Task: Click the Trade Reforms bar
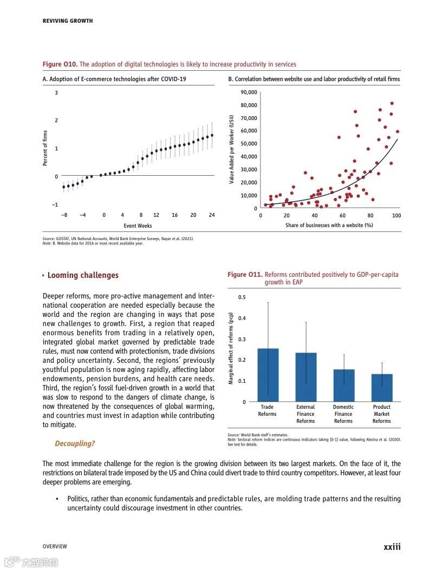coord(268,375)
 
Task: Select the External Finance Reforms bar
coord(305,377)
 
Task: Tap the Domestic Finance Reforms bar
coord(343,385)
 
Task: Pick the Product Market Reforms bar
coord(381,387)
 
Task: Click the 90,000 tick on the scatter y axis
coord(248,92)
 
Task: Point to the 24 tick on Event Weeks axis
coord(212,215)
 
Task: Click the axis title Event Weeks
coord(138,225)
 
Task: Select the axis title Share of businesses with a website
coord(329,225)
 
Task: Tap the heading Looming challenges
coord(82,275)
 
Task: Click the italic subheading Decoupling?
coord(75,443)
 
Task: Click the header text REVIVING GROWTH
coord(68,21)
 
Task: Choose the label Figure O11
coord(245,275)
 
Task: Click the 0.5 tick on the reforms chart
coord(242,297)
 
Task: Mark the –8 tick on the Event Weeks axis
coord(64,215)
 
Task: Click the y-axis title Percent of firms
coord(45,148)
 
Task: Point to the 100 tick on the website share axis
coord(396,215)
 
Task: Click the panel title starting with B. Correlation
coord(314,79)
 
